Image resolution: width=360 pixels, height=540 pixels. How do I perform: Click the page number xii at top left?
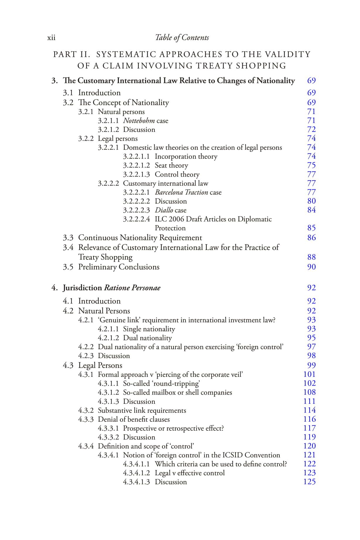(x=51, y=38)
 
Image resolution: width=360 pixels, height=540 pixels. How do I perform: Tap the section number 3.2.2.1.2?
(x=136, y=166)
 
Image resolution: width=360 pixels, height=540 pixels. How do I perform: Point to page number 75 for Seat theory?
(x=311, y=166)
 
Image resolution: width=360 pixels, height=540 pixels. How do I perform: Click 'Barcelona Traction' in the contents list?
(x=181, y=193)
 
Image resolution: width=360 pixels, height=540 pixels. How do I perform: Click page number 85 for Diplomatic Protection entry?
(x=311, y=228)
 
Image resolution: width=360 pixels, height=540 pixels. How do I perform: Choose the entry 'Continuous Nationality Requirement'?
(x=140, y=238)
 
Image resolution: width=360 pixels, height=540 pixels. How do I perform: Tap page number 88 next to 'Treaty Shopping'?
(x=311, y=257)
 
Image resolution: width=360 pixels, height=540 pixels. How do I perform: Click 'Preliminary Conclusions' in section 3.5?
(x=119, y=267)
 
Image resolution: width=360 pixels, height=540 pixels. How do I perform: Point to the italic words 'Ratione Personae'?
(x=132, y=288)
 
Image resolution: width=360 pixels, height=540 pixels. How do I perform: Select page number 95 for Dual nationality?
(x=311, y=338)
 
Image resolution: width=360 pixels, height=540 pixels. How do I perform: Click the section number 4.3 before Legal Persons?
(x=68, y=365)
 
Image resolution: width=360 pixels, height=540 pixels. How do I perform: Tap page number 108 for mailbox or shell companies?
(x=309, y=392)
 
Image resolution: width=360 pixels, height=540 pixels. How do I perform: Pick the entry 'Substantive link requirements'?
(x=142, y=410)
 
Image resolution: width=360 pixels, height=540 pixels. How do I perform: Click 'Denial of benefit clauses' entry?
(x=134, y=419)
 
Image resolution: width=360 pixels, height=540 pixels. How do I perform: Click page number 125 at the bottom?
(x=309, y=482)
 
